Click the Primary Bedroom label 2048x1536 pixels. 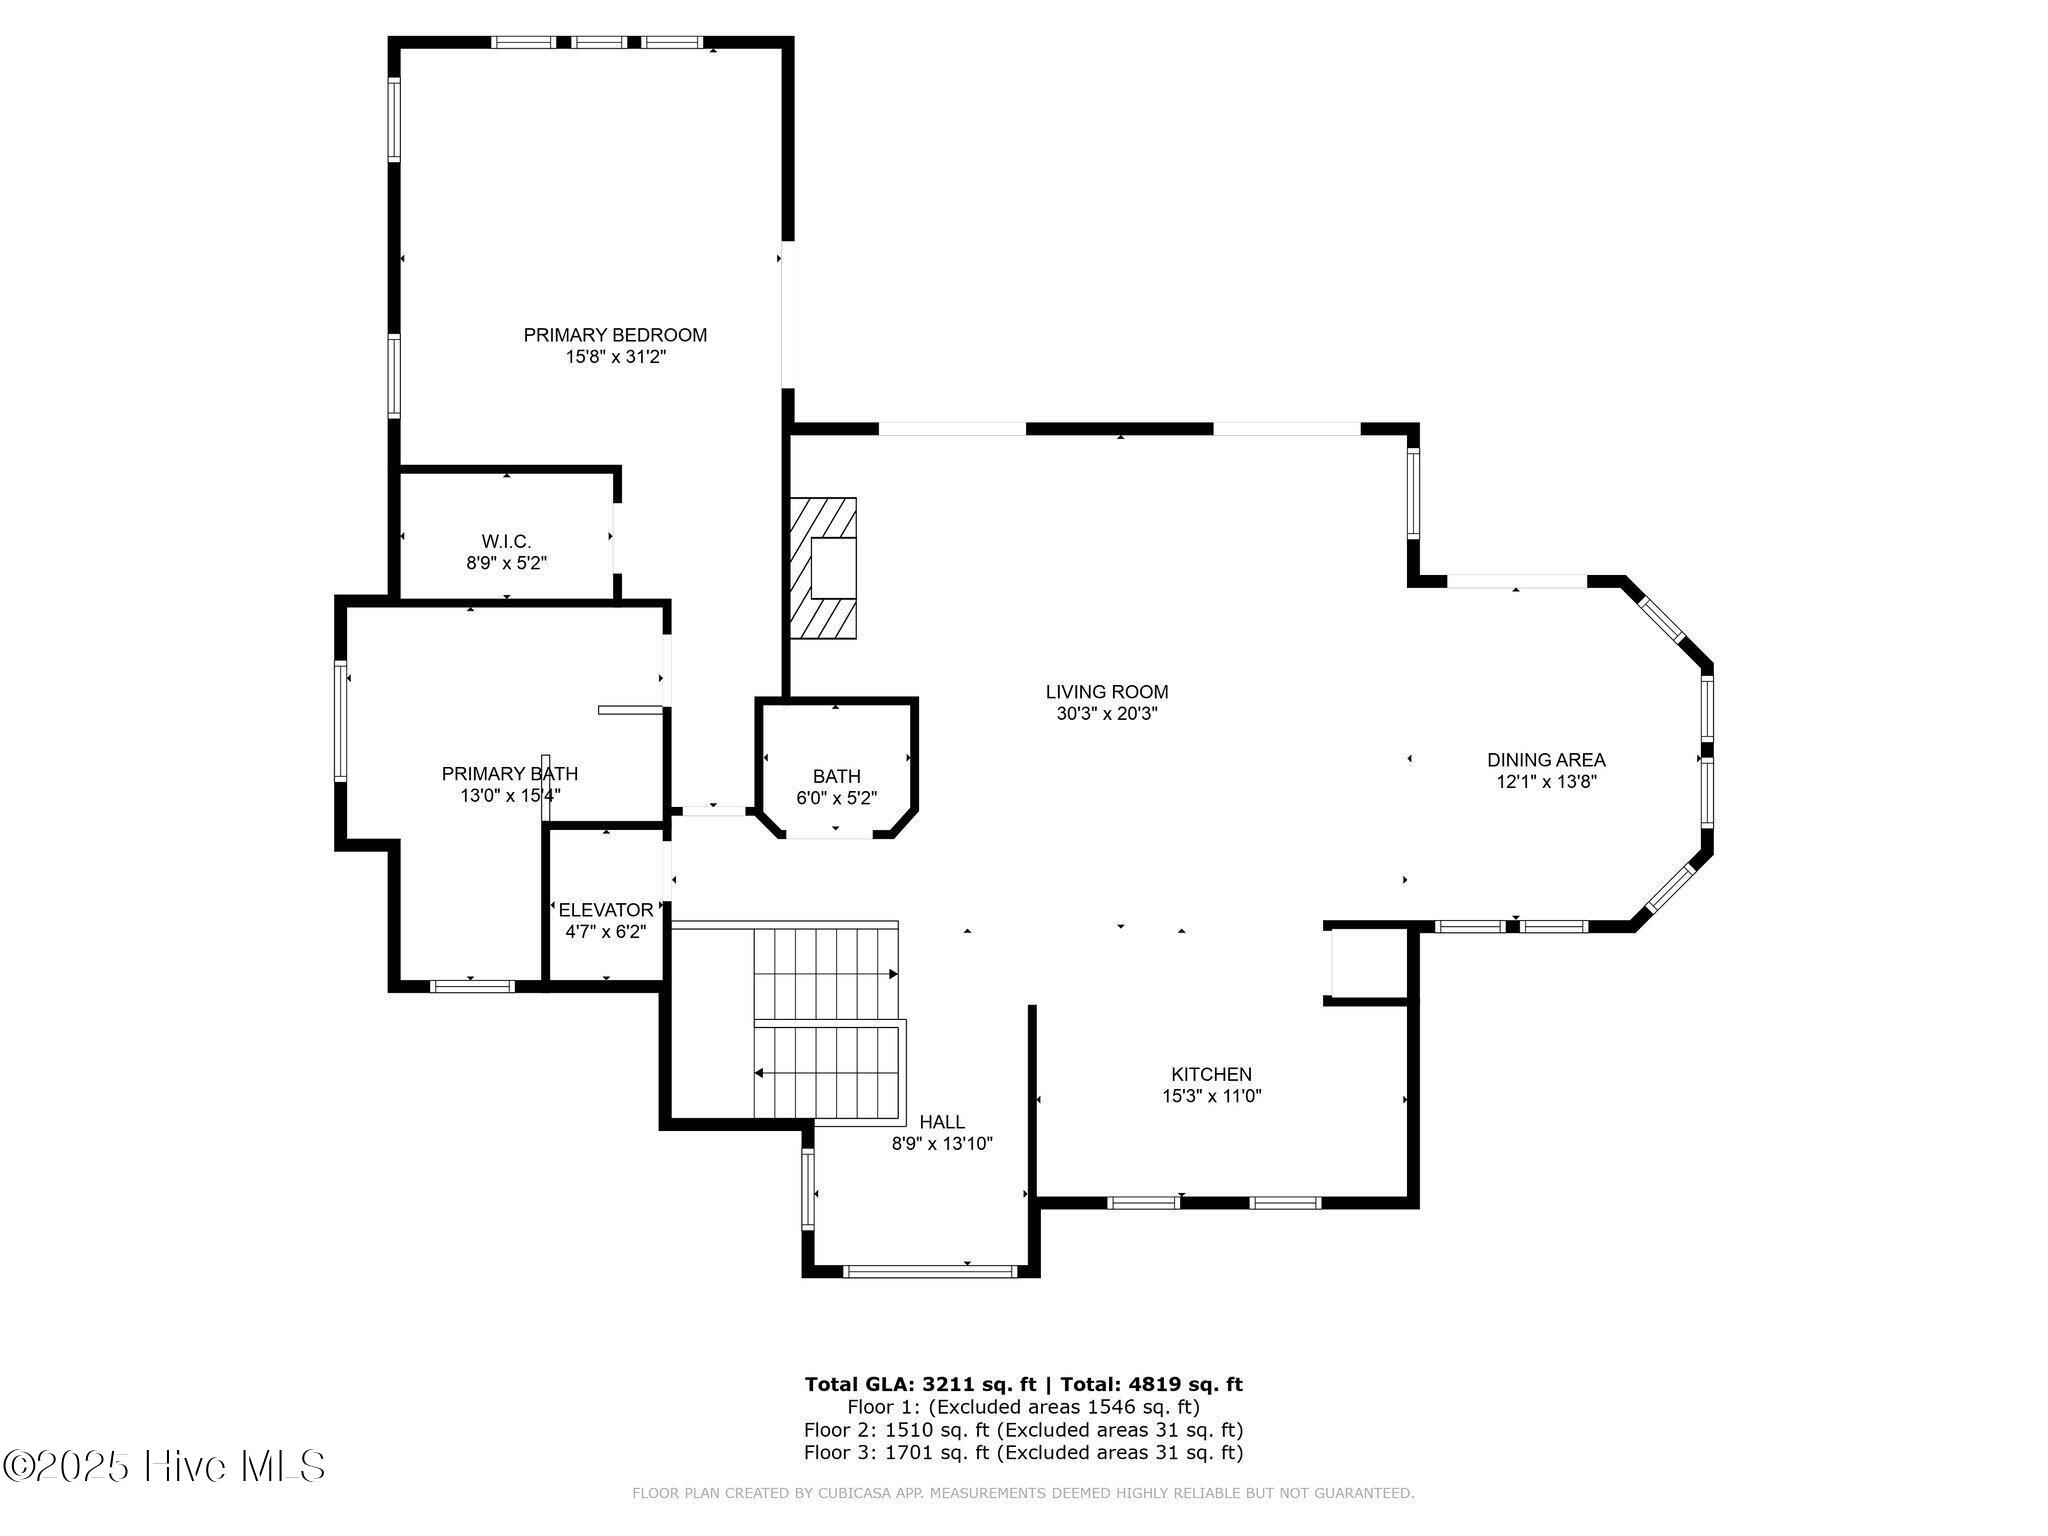coord(615,335)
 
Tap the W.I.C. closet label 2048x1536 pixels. coord(506,541)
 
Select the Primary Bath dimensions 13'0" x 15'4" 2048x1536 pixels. coord(510,796)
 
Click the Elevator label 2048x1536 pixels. coord(606,910)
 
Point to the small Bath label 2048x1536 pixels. coord(836,776)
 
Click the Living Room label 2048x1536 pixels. coord(1107,691)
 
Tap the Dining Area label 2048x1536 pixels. coord(1546,760)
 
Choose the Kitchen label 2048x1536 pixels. coord(1212,1074)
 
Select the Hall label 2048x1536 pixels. coord(942,1122)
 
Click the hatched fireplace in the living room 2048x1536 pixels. coord(823,568)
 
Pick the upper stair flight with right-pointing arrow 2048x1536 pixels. coord(826,973)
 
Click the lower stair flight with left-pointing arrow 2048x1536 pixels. coord(828,1072)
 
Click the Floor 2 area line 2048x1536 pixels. coord(1024,1430)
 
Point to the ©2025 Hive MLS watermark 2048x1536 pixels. coord(164,1466)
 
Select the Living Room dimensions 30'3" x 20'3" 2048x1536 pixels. coord(1107,714)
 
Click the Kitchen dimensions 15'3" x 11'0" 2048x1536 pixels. coord(1212,1096)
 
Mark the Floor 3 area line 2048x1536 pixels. coord(1024,1453)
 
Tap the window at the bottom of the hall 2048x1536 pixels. coord(930,1272)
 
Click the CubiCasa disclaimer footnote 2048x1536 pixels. coord(1023,1494)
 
